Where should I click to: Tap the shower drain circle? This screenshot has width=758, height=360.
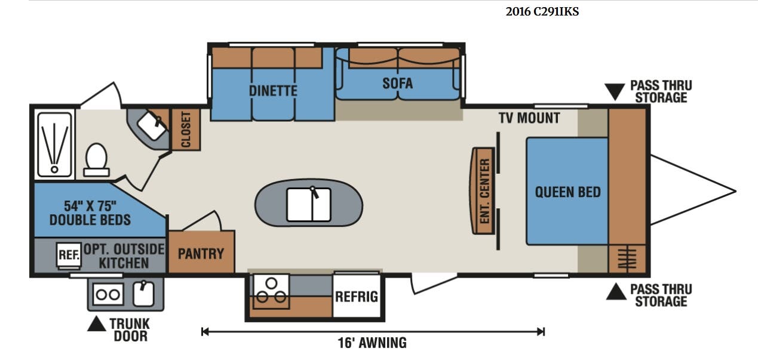[x=54, y=169]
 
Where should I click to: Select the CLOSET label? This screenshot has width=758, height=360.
[x=186, y=130]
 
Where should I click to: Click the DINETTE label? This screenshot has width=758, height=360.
[x=273, y=91]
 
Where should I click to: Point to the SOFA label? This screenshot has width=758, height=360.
[x=398, y=83]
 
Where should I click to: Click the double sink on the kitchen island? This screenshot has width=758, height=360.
[x=309, y=205]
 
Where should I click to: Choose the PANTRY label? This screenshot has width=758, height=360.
[x=201, y=254]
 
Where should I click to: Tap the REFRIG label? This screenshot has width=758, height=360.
[x=357, y=297]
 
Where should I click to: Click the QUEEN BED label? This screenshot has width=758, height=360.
[x=568, y=192]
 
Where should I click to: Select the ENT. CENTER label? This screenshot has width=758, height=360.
[x=484, y=191]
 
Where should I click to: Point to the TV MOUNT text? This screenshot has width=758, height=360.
[x=530, y=118]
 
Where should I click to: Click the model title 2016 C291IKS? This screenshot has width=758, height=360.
[x=542, y=11]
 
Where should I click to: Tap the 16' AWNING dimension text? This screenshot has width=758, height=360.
[x=372, y=343]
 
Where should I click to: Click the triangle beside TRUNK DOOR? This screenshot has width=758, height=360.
[x=96, y=324]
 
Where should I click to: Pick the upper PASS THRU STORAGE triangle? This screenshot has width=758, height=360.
[x=615, y=92]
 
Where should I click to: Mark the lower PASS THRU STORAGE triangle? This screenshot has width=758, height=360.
[x=616, y=292]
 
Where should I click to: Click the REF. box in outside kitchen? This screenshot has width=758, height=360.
[x=69, y=256]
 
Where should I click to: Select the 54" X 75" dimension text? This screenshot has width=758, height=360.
[x=90, y=206]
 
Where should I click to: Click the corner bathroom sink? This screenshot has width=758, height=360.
[x=152, y=125]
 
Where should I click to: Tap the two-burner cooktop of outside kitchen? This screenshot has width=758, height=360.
[x=108, y=294]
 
